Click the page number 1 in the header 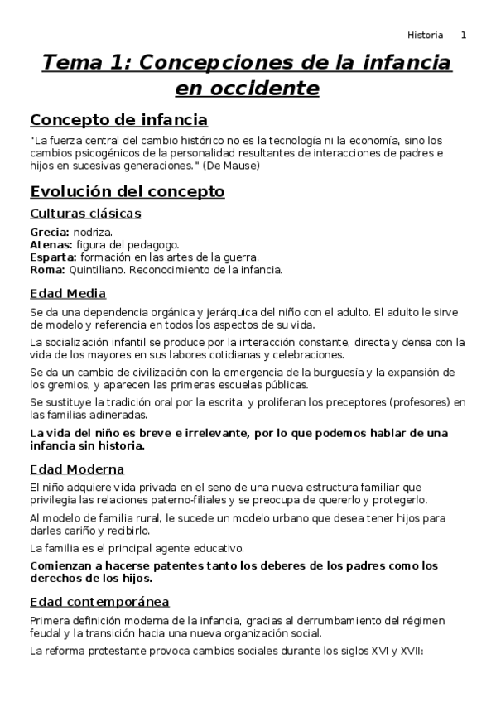click(464, 35)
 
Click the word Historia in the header click(425, 35)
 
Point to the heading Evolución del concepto click(127, 191)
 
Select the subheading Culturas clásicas click(85, 214)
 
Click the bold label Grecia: click(50, 233)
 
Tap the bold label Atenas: click(51, 245)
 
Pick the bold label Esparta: click(53, 257)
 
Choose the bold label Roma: click(46, 269)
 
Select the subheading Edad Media click(68, 293)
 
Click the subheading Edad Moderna click(77, 469)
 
